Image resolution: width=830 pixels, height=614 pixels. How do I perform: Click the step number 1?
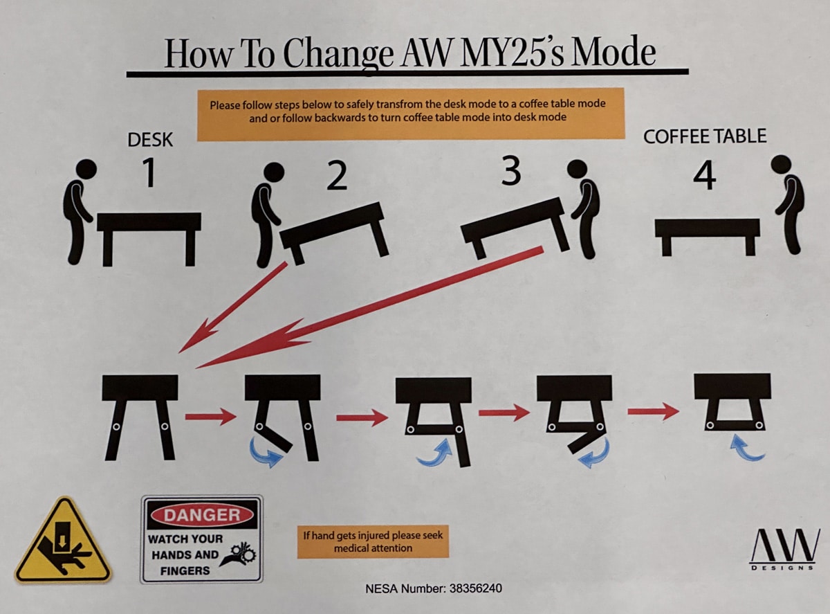(x=149, y=172)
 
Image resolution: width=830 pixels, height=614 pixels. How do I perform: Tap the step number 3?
(x=511, y=171)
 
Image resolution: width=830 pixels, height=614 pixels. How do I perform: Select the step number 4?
(x=705, y=175)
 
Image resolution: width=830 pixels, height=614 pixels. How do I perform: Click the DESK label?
(x=150, y=140)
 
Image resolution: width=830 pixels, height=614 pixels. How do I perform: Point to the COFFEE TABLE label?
(x=705, y=136)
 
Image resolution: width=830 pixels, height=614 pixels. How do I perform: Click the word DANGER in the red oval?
(x=202, y=515)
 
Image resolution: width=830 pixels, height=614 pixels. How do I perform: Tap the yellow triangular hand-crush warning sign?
(x=63, y=541)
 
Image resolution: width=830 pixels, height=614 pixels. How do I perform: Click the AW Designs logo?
(x=784, y=549)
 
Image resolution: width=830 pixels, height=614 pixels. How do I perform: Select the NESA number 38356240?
(x=476, y=588)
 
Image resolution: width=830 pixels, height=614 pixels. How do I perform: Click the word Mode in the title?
(x=614, y=53)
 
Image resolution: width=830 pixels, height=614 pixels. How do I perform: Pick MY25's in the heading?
(x=512, y=53)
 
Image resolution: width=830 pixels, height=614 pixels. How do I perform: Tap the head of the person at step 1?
(x=86, y=169)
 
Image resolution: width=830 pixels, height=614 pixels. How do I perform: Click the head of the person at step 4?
(x=782, y=165)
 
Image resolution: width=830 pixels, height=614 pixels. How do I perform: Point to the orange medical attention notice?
(x=373, y=542)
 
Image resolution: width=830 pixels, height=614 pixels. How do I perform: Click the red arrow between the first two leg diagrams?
(x=211, y=417)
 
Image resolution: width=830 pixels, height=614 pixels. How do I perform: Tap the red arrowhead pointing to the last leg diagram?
(x=670, y=411)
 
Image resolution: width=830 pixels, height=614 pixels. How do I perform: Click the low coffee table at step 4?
(x=708, y=237)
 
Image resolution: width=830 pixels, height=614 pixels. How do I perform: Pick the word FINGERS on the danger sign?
(x=185, y=571)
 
